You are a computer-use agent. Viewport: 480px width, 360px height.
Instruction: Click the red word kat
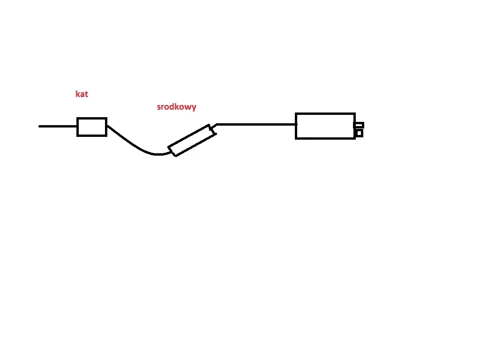coord(82,94)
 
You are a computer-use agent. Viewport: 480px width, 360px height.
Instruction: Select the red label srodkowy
coord(177,107)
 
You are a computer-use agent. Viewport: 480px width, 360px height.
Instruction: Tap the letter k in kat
coord(77,94)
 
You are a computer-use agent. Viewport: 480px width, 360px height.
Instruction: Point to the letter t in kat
coord(86,94)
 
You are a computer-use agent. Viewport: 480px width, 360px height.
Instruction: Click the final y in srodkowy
coord(194,108)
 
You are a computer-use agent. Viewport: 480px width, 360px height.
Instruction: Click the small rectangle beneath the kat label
coord(92,127)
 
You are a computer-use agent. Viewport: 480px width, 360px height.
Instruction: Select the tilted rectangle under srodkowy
coord(192,140)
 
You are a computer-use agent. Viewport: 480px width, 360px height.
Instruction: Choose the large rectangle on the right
coord(325,126)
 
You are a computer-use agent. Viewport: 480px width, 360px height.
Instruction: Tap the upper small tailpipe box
coord(359,125)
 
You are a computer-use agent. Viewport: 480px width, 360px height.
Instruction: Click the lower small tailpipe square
coord(360,133)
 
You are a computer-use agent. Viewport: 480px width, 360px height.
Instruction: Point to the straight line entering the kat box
coord(58,126)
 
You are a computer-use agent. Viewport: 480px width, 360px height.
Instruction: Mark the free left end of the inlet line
coord(39,126)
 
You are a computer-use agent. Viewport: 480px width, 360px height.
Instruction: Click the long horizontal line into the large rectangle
coord(256,125)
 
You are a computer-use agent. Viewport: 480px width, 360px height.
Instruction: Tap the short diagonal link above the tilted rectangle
coord(214,127)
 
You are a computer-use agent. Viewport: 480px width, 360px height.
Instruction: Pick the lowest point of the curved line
coord(157,155)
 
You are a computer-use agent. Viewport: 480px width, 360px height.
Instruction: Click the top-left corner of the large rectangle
coord(296,113)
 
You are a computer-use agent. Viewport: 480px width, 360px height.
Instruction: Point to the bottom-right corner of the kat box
coord(106,136)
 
